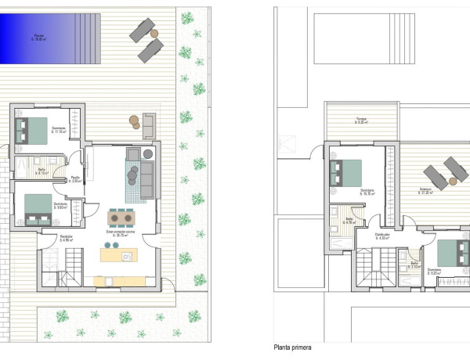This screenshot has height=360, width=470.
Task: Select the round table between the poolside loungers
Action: coord(154,34)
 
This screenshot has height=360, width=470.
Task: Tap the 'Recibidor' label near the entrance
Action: coord(67,236)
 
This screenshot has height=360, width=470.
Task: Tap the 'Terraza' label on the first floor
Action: coord(361,120)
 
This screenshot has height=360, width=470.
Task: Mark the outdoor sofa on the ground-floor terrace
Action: coord(149,123)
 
